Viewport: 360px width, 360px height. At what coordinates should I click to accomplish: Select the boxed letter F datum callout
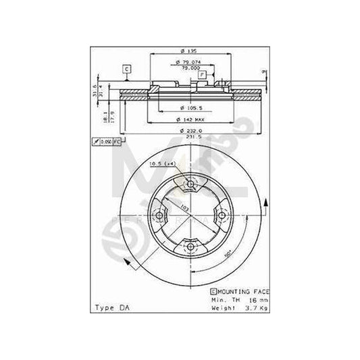click(201, 76)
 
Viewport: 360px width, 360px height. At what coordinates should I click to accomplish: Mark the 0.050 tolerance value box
click(106, 143)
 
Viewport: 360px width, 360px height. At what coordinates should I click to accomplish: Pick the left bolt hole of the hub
click(159, 216)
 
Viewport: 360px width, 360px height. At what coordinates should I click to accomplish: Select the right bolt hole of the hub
click(220, 216)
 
